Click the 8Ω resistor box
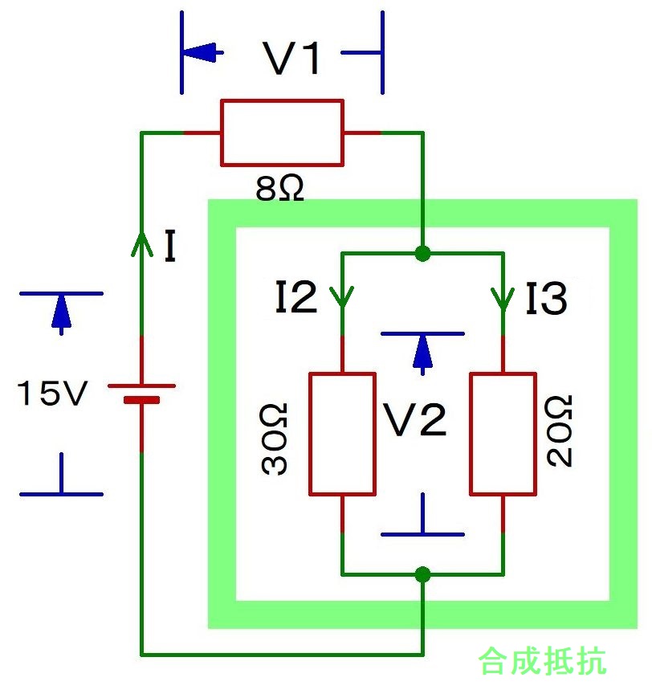pos(282,133)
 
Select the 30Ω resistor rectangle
pos(342,433)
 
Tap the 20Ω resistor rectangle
pos(503,433)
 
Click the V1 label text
pos(293,59)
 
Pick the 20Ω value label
pos(560,431)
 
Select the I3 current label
pos(546,299)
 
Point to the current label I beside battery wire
pos(169,247)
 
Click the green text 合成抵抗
pos(542,661)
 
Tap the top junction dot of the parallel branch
pos(422,254)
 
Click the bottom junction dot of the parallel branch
pos(422,574)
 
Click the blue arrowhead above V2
pos(422,351)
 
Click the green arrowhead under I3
pos(503,300)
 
